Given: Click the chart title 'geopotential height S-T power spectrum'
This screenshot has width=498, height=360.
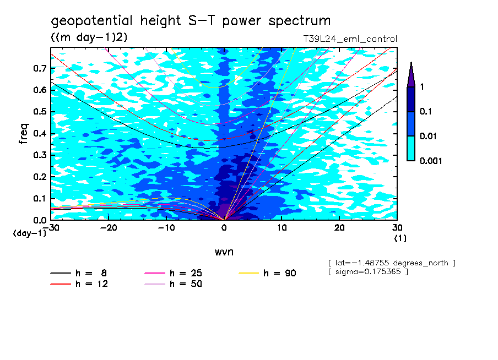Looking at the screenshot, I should [x=191, y=21].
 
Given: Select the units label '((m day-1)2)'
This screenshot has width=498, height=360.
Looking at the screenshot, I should [x=89, y=37].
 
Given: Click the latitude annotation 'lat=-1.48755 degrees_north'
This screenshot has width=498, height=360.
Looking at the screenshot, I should [x=392, y=263].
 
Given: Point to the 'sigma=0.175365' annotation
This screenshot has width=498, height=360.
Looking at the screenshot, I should [x=367, y=272].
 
